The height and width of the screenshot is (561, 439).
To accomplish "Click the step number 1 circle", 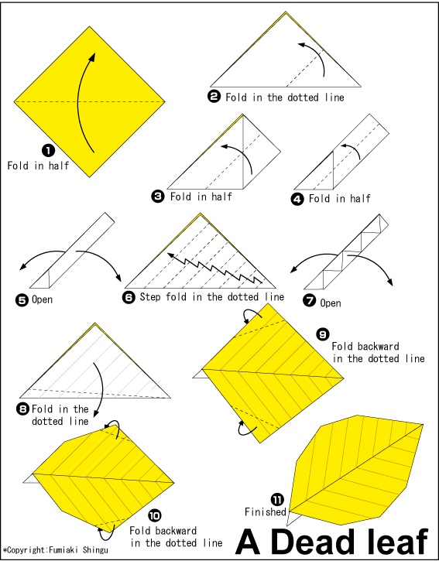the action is (49, 150).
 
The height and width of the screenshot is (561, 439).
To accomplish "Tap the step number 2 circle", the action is (214, 97).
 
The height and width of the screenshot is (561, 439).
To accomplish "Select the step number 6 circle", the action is (129, 297).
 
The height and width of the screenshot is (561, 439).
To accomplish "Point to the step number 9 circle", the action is (323, 334).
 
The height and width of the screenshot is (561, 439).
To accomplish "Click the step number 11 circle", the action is (277, 499).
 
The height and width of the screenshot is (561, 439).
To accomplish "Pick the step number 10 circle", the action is (154, 515).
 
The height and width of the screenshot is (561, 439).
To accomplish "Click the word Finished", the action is (266, 512).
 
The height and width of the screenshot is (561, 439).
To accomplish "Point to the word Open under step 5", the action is (43, 299).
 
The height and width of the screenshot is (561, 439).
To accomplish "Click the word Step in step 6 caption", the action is (150, 297).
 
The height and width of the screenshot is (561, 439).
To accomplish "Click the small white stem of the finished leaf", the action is (293, 518).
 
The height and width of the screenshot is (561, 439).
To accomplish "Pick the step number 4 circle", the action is (297, 199).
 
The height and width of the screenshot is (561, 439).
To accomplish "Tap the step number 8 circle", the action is (22, 409).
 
